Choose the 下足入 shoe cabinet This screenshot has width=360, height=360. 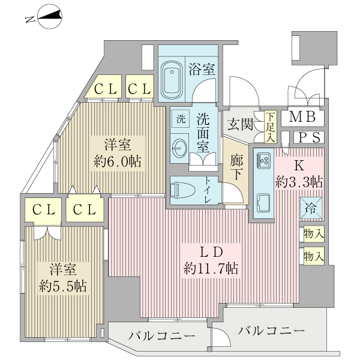[271, 127]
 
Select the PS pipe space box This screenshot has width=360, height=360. [310, 137]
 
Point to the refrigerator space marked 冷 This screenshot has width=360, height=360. [312, 209]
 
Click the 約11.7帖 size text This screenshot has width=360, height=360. [211, 269]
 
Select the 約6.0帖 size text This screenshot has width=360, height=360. [118, 162]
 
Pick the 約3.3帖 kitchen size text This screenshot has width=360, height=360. [299, 181]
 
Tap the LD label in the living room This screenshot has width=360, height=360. [211, 251]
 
